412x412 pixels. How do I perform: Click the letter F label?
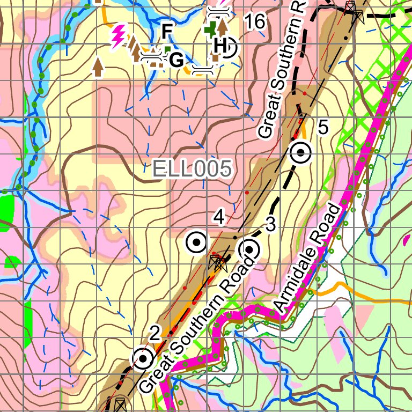[167, 32]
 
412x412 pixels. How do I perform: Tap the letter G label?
[176, 60]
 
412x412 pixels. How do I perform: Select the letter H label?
[219, 45]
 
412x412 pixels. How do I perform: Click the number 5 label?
[322, 128]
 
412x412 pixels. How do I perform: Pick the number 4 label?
[218, 217]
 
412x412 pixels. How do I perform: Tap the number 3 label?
[270, 226]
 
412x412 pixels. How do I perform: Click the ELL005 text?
[192, 169]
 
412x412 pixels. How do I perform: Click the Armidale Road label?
[307, 258]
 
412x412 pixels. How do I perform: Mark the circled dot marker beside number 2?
[143, 359]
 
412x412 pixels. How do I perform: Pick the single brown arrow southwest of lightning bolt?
[98, 65]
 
